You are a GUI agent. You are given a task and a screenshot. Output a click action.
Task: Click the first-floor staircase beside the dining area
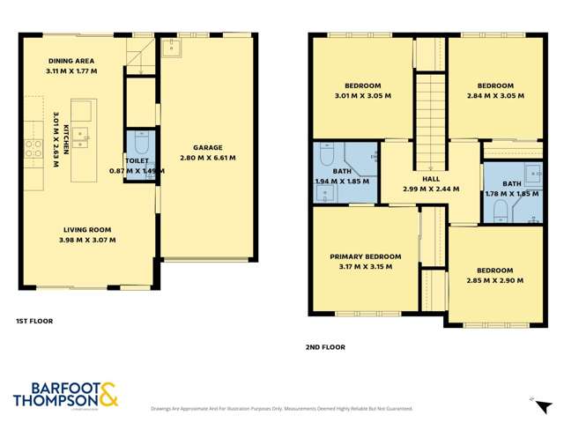(x=139, y=57)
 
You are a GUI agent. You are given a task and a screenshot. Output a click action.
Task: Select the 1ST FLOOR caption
(x=34, y=321)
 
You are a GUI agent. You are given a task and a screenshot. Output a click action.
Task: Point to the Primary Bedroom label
(x=360, y=256)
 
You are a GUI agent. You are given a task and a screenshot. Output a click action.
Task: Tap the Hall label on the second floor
(x=431, y=179)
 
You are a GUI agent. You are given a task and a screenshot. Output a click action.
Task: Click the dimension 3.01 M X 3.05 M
(x=360, y=96)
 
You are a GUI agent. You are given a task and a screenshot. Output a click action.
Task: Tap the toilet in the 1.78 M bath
(x=499, y=209)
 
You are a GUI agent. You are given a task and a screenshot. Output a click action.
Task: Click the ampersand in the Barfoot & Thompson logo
(x=109, y=395)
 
